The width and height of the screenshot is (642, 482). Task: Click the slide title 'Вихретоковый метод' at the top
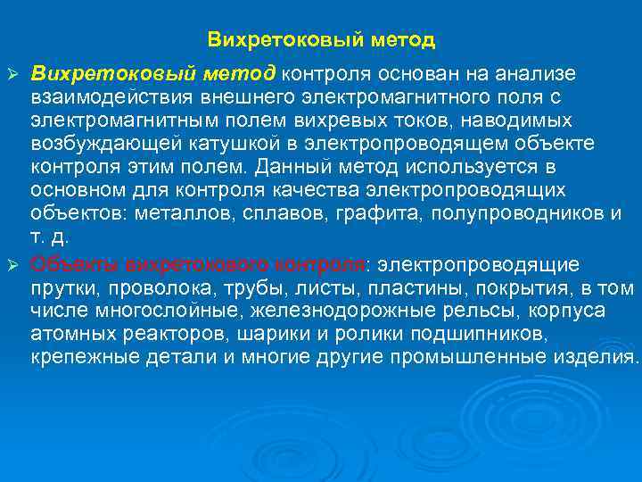(321, 40)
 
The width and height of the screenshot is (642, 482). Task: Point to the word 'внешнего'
(259, 96)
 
